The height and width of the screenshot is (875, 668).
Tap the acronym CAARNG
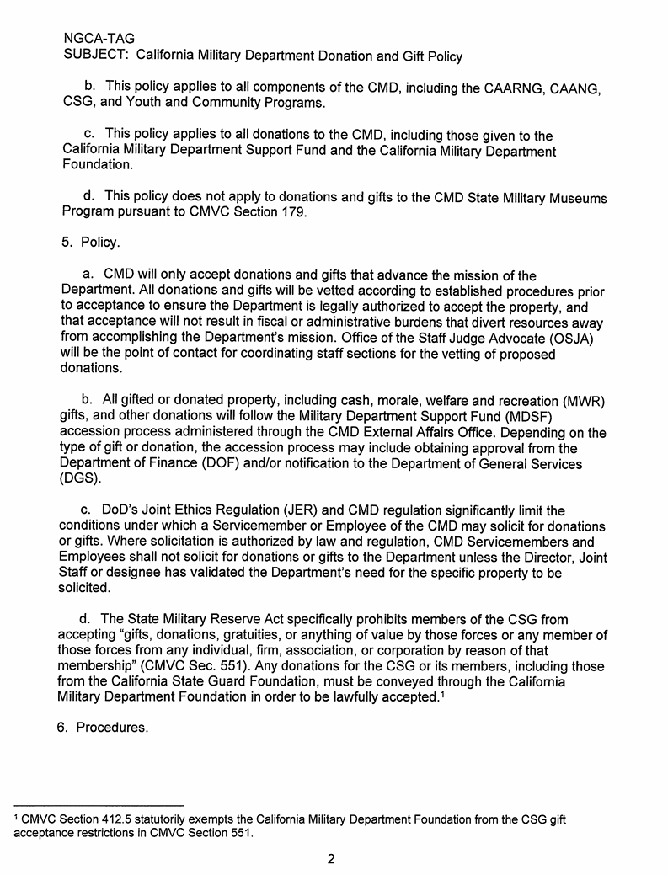[515, 88]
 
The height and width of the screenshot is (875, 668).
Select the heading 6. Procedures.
[103, 728]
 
